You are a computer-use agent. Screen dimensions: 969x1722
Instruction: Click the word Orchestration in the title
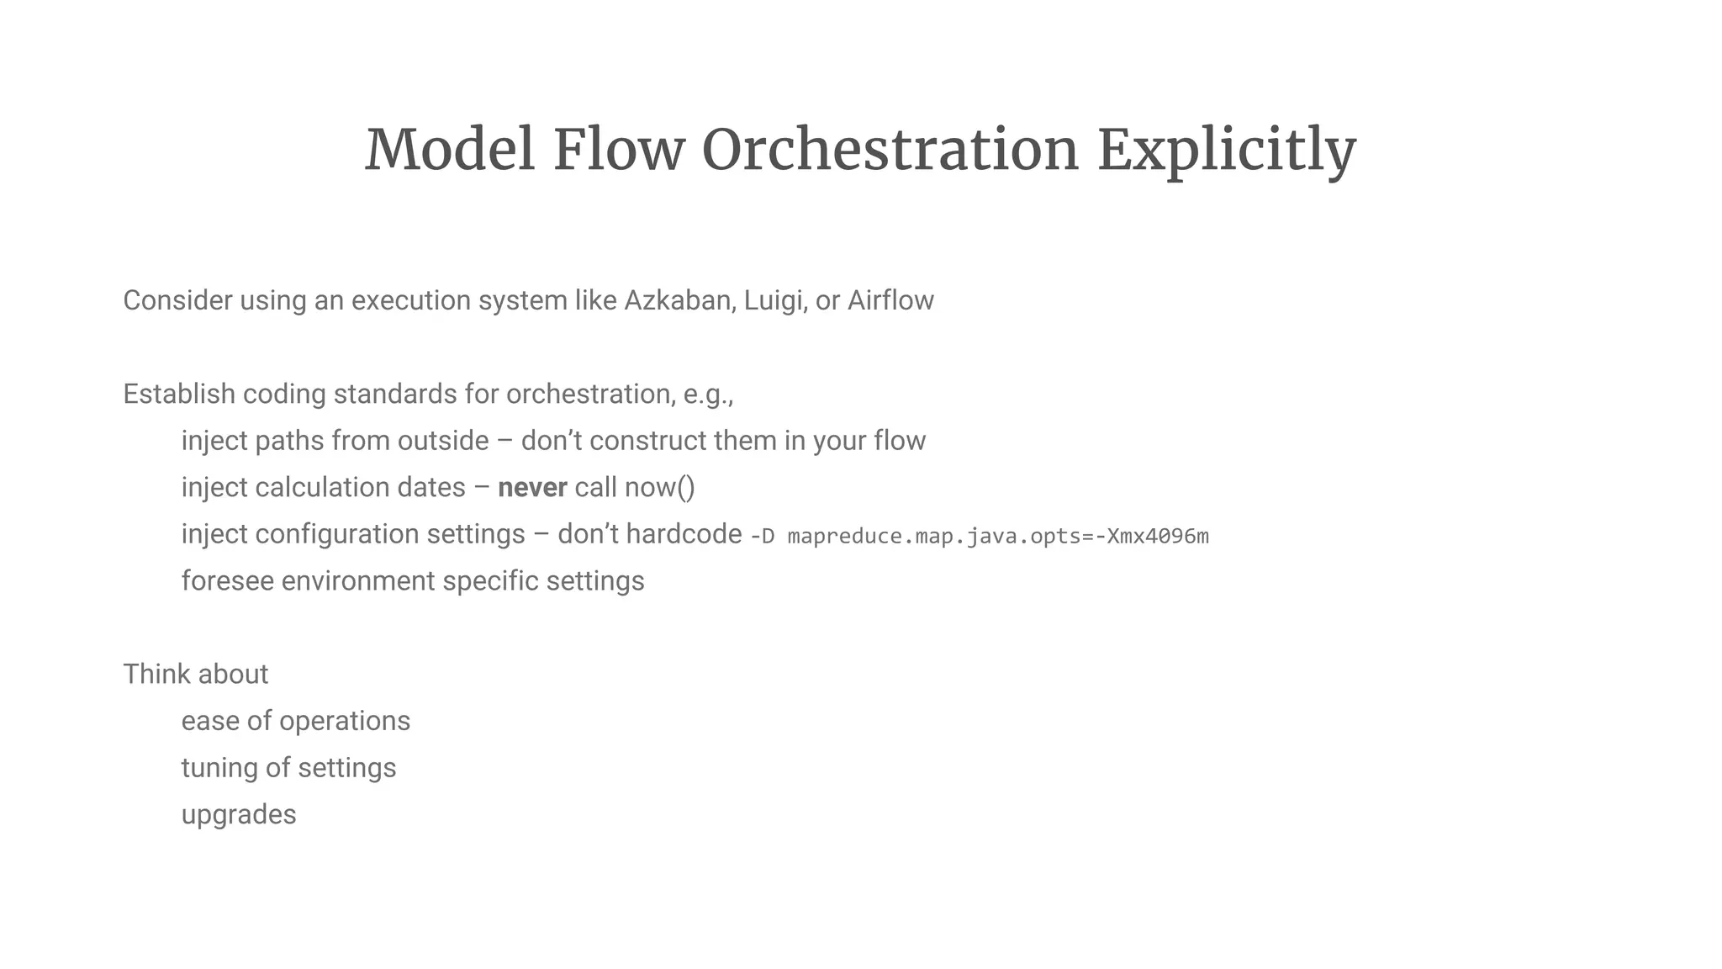coord(890,151)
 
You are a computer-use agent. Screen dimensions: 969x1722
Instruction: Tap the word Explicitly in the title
coord(1227,151)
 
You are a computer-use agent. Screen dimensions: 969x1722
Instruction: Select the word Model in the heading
coord(449,151)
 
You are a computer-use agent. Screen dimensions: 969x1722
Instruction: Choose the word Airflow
coord(890,300)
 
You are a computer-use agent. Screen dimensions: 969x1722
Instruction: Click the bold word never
coord(532,488)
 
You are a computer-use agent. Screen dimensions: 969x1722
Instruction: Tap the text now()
coord(659,488)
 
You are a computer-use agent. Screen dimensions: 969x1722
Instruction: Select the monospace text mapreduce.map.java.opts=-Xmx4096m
coord(998,537)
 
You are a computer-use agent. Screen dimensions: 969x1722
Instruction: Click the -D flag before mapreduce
coord(762,537)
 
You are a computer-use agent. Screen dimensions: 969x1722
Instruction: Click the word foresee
coord(227,581)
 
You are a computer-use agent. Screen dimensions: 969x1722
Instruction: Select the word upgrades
coord(239,815)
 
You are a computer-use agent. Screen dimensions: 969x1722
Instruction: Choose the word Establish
coord(179,394)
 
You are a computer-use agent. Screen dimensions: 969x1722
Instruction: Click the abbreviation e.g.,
coord(708,394)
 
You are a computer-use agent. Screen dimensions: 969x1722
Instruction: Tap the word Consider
coord(177,300)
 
